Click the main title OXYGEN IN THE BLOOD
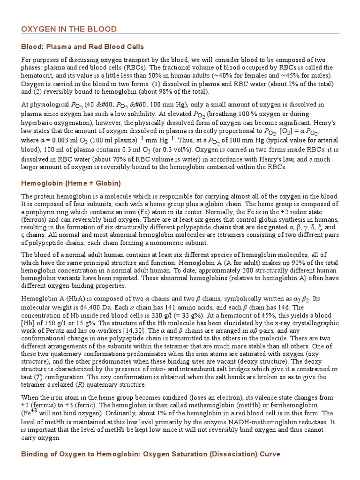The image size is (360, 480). [x=69, y=29]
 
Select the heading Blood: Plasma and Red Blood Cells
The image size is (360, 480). [x=82, y=47]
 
